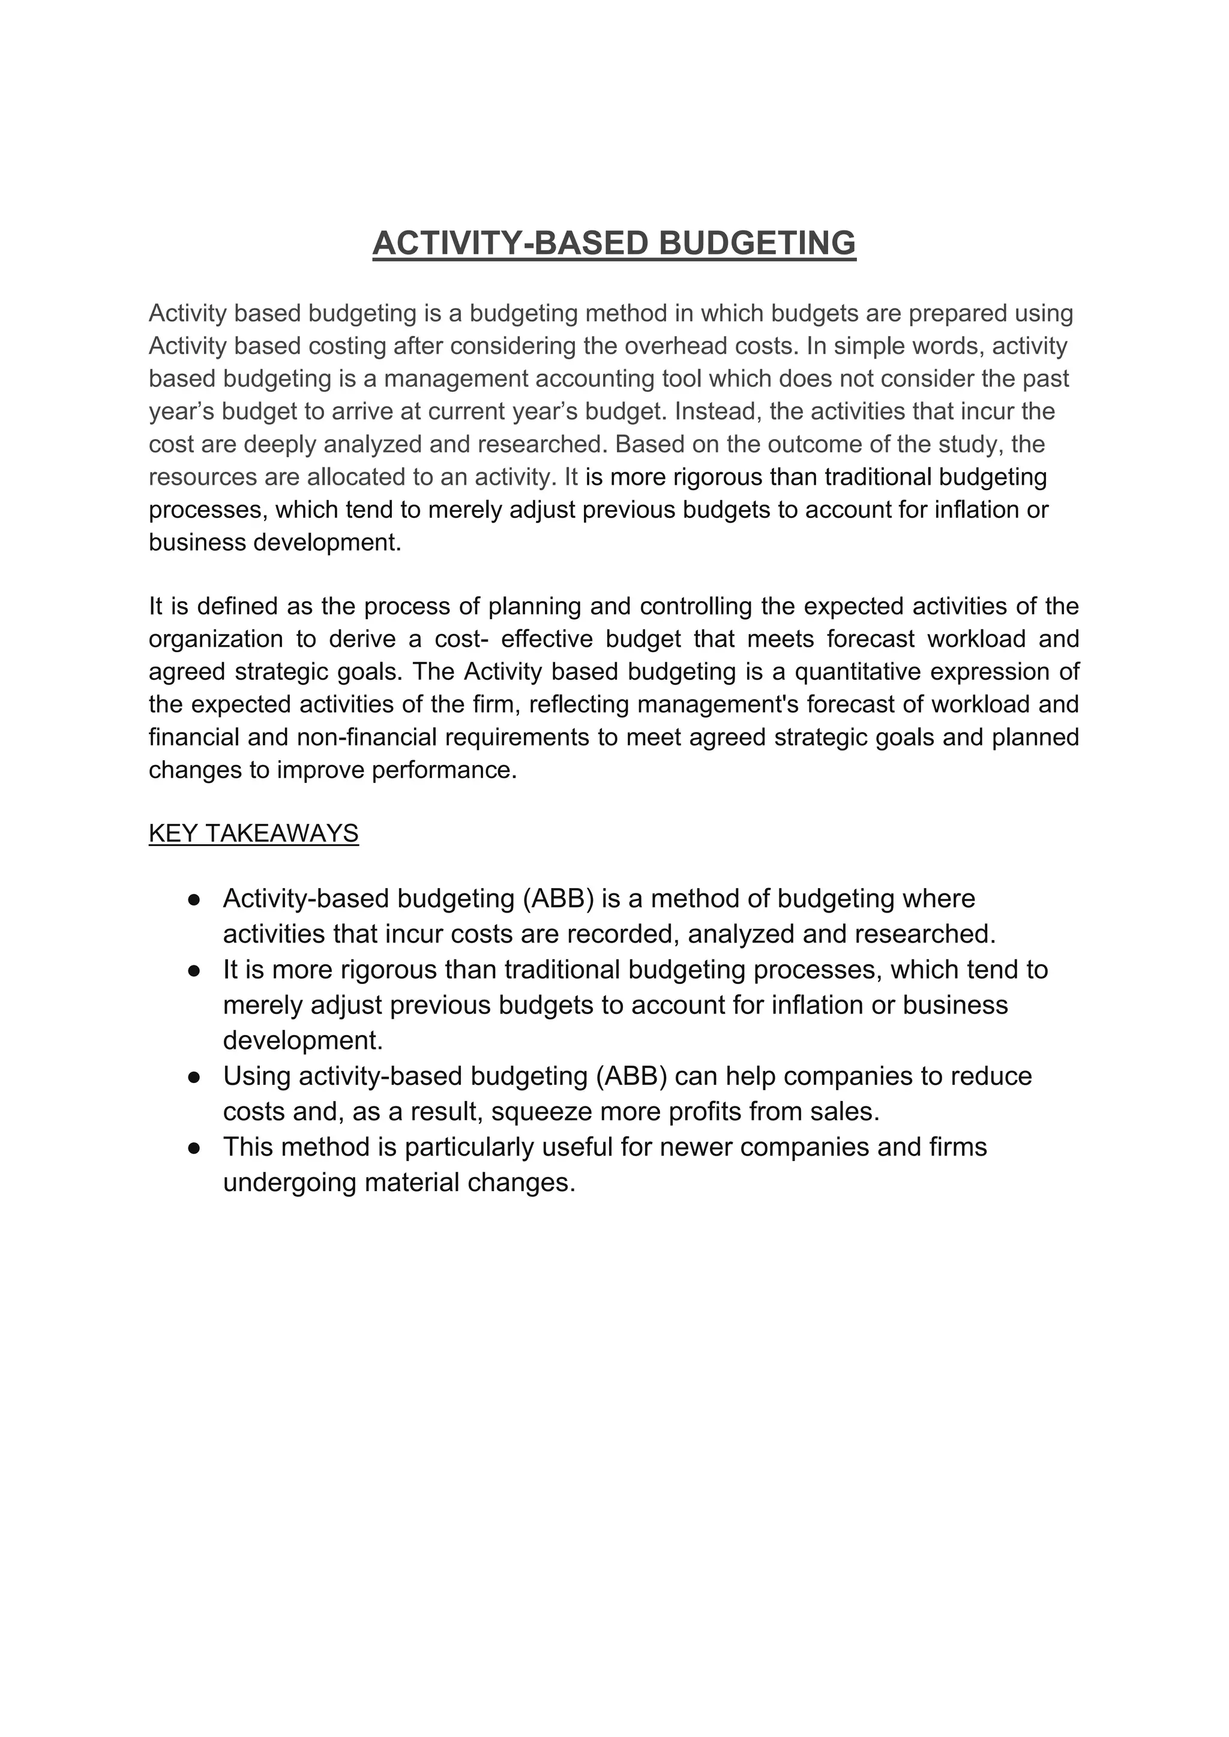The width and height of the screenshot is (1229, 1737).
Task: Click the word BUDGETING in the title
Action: (x=757, y=244)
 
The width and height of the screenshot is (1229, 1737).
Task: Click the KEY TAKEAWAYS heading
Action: (x=253, y=833)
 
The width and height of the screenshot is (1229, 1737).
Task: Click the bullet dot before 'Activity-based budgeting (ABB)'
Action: (x=194, y=899)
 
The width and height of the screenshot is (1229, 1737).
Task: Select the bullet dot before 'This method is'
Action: (x=194, y=1148)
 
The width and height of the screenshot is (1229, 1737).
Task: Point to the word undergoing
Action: (x=290, y=1183)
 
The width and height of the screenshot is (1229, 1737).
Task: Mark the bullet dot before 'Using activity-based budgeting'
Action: (x=194, y=1078)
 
